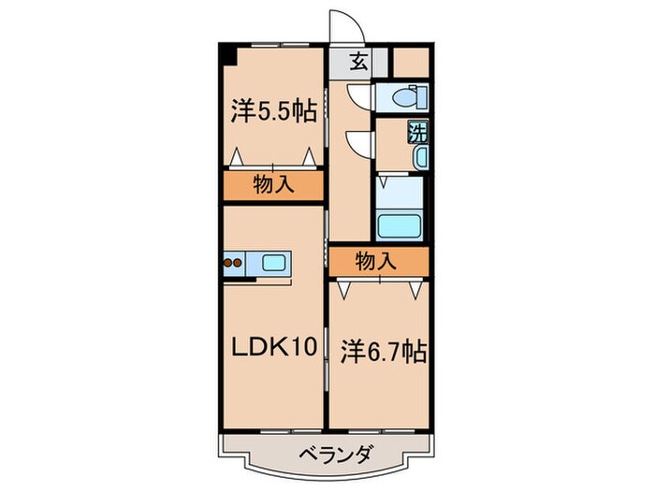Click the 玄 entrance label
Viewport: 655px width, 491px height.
tap(357, 64)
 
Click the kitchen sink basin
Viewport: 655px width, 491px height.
tap(275, 264)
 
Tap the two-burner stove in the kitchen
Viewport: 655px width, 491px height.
tap(235, 264)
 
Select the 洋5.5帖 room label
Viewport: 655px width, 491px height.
tap(272, 110)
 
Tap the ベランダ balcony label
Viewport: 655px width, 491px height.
tap(337, 455)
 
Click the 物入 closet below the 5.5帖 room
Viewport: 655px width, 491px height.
tap(274, 185)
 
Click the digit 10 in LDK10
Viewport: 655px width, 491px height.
tap(306, 348)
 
